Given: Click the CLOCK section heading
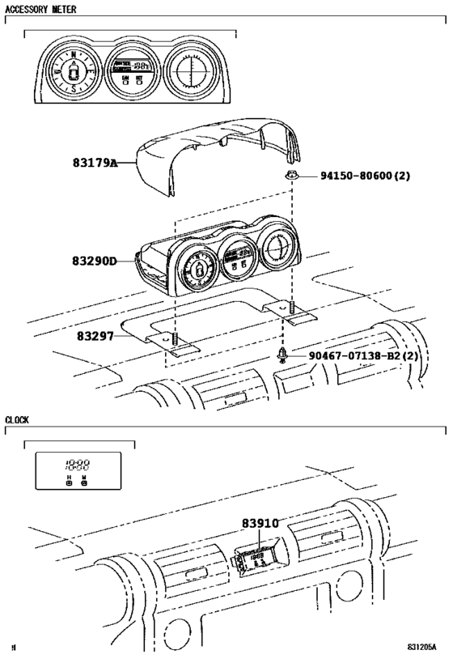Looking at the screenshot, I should click(18, 420).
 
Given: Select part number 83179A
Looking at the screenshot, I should click(95, 163).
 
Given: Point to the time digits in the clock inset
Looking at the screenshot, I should click(78, 465).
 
